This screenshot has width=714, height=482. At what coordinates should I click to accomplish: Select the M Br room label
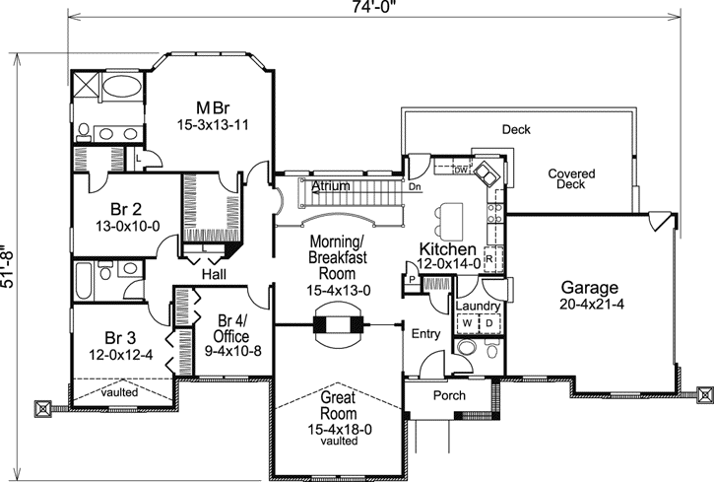point(214,107)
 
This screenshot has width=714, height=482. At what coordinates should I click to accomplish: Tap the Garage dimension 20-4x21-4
point(590,306)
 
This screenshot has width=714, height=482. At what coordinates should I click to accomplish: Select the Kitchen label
point(448,248)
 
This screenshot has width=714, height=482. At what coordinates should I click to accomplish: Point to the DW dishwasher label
point(460,171)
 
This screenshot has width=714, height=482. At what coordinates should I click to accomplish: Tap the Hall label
point(214,273)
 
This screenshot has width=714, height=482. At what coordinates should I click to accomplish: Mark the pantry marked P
point(409,280)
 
